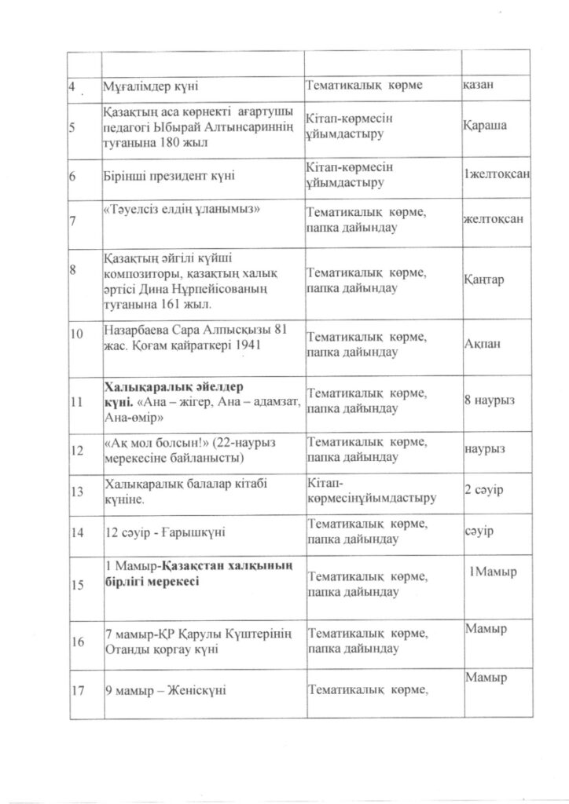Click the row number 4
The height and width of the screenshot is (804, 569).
71,84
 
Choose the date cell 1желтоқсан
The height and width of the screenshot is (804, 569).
495,172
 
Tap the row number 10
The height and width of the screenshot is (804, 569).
75,334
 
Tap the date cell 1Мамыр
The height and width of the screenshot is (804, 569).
493,571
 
